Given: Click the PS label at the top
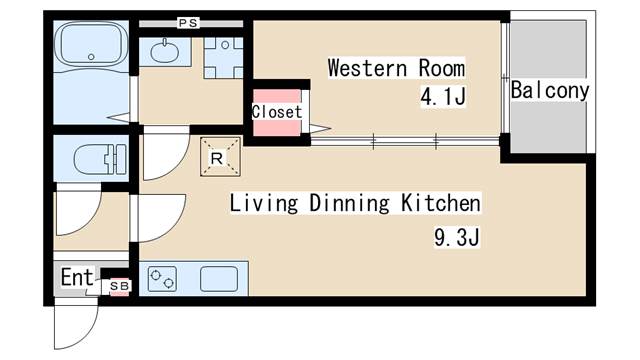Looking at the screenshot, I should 187,22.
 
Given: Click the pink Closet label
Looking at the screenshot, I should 276,112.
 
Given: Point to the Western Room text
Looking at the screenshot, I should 396,69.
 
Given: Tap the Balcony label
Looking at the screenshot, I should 549,90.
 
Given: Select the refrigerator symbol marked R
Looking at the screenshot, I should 218,155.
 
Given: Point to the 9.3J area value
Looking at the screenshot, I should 446,239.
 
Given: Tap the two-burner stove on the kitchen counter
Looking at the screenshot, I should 162,278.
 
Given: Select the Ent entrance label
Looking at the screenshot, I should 76,277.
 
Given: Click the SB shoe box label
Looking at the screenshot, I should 119,287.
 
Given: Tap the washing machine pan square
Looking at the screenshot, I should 223,57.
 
